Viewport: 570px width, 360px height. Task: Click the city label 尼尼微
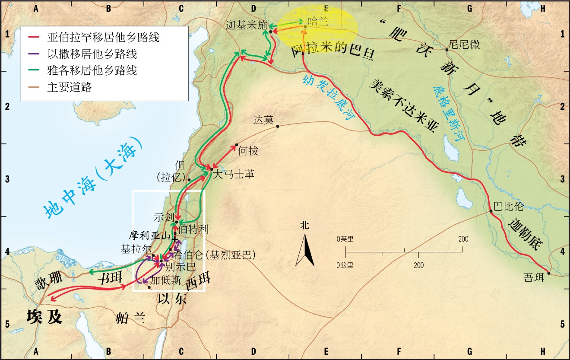tap(464, 45)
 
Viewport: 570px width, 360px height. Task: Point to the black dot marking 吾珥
tap(548, 273)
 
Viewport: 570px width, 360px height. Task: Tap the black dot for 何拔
tap(237, 145)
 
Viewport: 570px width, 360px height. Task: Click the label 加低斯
tap(163, 279)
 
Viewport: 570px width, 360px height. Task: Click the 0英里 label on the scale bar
tap(345, 239)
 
